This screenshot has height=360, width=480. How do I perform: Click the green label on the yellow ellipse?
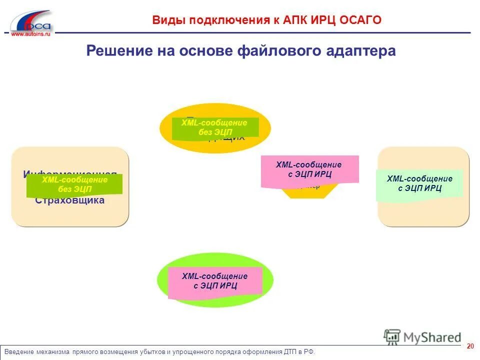[x=215, y=127]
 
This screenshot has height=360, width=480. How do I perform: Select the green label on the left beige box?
[x=74, y=184]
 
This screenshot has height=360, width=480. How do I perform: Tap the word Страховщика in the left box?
[x=70, y=201]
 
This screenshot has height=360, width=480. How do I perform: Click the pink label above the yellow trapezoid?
[x=309, y=170]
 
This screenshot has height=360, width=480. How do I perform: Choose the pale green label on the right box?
[x=419, y=184]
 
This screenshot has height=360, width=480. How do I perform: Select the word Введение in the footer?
[x=19, y=352]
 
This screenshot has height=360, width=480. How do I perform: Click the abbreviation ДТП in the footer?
[x=288, y=352]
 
